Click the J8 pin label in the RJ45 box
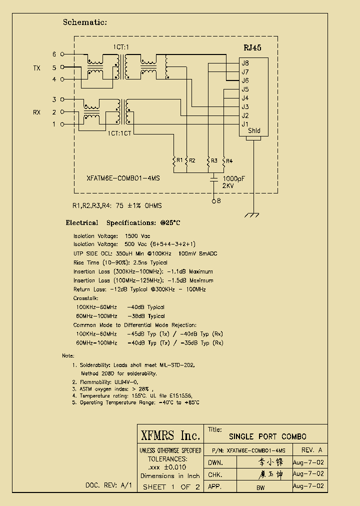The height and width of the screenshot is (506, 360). pyautogui.click(x=245, y=63)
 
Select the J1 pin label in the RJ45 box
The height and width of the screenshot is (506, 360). pyautogui.click(x=245, y=124)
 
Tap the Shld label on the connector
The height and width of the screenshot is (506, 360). pyautogui.click(x=254, y=131)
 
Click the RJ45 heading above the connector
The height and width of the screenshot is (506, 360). pyautogui.click(x=252, y=48)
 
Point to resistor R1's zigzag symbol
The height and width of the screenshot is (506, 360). pyautogui.click(x=174, y=160)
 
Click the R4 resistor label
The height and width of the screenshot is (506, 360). pyautogui.click(x=229, y=160)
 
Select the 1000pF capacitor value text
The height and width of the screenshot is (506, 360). pyautogui.click(x=234, y=178)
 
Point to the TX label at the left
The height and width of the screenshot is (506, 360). pyautogui.click(x=36, y=68)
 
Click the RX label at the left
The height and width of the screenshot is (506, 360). pyautogui.click(x=36, y=112)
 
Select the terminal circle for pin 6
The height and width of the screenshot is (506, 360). pyautogui.click(x=62, y=54)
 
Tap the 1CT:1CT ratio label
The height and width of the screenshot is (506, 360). pyautogui.click(x=119, y=133)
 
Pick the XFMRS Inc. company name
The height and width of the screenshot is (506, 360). pyautogui.click(x=170, y=435)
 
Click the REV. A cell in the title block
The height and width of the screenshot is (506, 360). pyautogui.click(x=311, y=450)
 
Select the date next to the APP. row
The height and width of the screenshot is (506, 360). pyautogui.click(x=308, y=486)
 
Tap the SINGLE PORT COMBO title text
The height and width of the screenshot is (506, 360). pyautogui.click(x=267, y=436)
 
